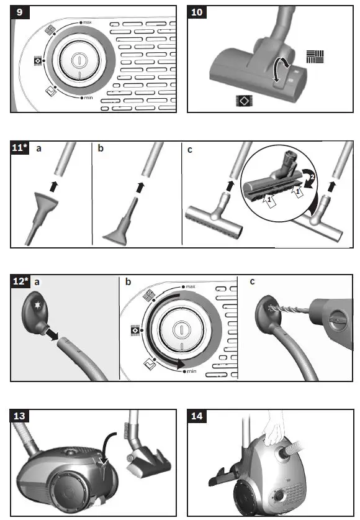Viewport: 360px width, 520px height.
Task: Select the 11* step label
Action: click(20, 147)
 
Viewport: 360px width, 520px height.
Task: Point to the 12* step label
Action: click(20, 281)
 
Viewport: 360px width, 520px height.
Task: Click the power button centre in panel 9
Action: click(79, 60)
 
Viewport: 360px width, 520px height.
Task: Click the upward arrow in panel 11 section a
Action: click(56, 185)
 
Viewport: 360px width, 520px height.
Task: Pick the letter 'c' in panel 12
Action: click(252, 282)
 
